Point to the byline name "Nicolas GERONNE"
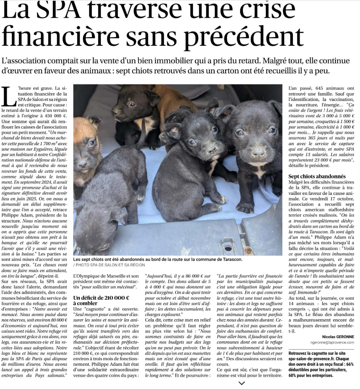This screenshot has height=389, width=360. [x=338, y=337]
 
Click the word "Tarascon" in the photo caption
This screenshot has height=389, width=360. [x=229, y=259]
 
